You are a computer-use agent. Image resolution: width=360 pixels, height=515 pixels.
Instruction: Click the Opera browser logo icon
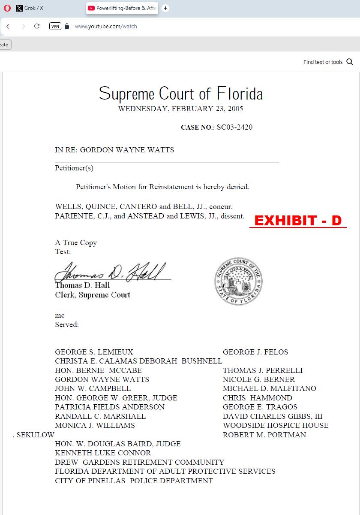[7, 8]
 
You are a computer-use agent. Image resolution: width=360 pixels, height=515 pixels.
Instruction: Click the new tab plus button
[165, 8]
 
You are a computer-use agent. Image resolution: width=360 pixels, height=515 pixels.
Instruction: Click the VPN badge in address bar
[55, 26]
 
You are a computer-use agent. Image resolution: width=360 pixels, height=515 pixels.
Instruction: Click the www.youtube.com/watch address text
[106, 26]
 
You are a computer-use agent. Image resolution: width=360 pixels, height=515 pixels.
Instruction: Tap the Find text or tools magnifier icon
[350, 62]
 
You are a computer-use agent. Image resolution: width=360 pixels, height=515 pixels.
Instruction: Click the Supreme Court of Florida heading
[180, 94]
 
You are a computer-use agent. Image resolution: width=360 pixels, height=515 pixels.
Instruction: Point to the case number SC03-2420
[234, 127]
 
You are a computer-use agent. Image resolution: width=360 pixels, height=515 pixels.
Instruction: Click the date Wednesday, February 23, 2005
[180, 109]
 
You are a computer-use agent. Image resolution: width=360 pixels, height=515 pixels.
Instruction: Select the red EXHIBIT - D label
[298, 221]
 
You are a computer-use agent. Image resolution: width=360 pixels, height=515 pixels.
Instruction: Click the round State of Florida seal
[238, 282]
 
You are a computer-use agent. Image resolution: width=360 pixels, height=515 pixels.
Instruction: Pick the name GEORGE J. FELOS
[255, 352]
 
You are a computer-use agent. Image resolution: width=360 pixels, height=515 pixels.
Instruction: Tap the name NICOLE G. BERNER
[259, 379]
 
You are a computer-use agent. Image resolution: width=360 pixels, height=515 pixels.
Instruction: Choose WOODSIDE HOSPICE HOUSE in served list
[276, 425]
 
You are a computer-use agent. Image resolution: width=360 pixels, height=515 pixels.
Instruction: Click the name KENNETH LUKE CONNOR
[103, 453]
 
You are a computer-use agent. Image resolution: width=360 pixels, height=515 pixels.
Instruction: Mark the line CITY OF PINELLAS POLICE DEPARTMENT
[134, 481]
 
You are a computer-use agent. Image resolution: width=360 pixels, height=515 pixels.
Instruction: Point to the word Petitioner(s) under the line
[74, 168]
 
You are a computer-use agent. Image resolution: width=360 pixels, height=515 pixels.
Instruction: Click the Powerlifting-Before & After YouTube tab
[122, 8]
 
